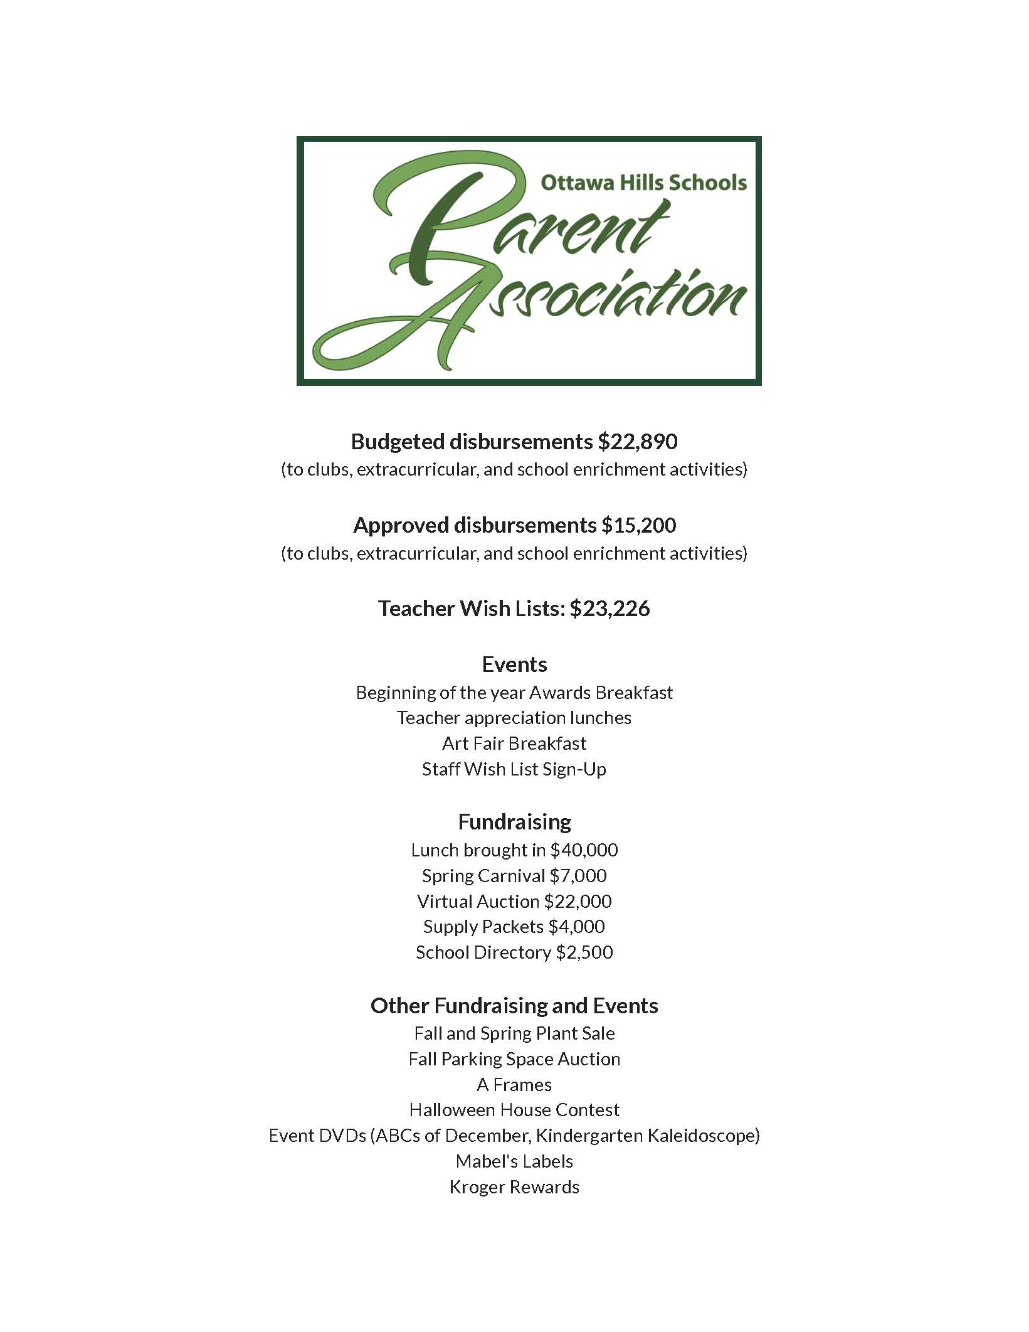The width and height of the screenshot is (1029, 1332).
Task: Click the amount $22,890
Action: (x=637, y=442)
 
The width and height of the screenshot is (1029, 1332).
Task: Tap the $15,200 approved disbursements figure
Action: (x=638, y=525)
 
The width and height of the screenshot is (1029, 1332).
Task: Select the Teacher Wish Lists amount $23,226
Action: (x=609, y=609)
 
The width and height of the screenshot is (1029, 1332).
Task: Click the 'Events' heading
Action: (x=514, y=664)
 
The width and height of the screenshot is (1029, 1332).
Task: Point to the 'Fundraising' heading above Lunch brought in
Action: (x=514, y=822)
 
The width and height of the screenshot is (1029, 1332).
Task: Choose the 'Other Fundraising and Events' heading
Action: (x=514, y=1006)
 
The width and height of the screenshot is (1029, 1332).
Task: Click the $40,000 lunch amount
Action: (x=584, y=850)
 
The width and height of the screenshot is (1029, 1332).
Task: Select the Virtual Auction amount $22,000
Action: (x=578, y=902)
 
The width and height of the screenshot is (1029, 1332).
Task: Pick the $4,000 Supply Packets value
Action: (x=576, y=927)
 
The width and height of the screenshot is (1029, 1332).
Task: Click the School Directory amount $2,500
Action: (x=584, y=952)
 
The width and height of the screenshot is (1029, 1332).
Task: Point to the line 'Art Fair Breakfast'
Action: (x=514, y=743)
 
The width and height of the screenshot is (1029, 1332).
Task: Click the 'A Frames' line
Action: (x=514, y=1085)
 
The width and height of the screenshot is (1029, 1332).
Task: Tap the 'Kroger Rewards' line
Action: (x=514, y=1187)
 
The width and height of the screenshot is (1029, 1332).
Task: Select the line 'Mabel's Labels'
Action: (x=514, y=1161)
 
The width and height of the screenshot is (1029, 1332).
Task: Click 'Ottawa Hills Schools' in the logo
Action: (x=643, y=183)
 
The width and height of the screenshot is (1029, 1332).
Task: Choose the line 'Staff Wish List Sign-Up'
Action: (x=514, y=769)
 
